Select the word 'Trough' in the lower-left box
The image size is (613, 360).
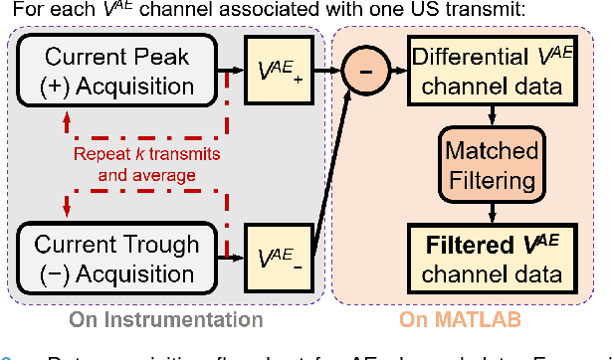[156, 244]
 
